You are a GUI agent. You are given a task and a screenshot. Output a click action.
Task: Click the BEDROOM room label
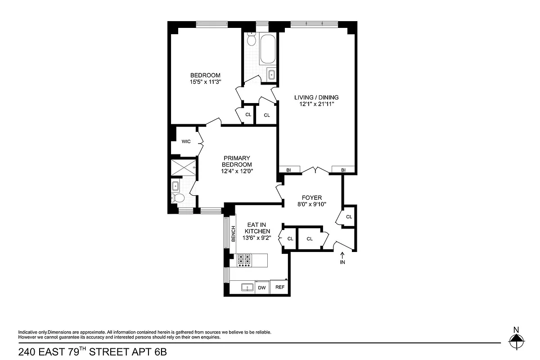point(205,75)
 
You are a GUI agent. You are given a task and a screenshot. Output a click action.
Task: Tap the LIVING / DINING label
point(316,97)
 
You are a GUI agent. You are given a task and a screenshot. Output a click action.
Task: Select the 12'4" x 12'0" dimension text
point(237,171)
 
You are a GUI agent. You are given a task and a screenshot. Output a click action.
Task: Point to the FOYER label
point(312,198)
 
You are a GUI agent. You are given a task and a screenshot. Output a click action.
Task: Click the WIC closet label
point(186,141)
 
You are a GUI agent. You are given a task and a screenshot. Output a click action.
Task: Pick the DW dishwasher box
point(262,288)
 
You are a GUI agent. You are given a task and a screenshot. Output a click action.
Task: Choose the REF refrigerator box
point(280,288)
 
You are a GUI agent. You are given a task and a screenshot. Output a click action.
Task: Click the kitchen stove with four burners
point(244,260)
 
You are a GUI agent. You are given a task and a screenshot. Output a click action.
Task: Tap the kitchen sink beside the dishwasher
point(246,288)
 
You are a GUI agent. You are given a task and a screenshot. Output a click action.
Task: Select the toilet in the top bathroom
point(252,40)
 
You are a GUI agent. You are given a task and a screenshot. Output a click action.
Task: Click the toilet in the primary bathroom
point(178,198)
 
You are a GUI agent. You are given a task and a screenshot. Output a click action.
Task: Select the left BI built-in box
point(288,170)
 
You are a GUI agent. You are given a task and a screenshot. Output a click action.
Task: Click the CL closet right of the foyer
point(349,217)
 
